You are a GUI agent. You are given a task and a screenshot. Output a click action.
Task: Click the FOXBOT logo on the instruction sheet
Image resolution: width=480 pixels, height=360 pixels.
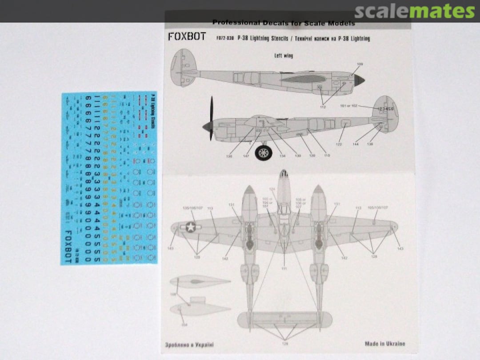click(187, 37)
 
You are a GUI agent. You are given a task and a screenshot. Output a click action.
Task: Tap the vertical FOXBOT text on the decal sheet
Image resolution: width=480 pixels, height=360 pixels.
click(68, 247)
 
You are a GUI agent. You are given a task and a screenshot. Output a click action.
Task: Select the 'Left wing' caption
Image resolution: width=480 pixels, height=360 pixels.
click(283, 56)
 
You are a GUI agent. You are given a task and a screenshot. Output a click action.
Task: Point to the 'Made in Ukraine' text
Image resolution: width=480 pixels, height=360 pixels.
click(385, 344)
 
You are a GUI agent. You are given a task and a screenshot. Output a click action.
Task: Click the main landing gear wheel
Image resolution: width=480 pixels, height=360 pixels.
click(264, 152)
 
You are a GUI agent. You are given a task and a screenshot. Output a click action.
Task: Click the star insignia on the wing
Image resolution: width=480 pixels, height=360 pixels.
click(191, 227)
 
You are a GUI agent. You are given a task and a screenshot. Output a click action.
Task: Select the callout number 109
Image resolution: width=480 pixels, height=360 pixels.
click(359, 64)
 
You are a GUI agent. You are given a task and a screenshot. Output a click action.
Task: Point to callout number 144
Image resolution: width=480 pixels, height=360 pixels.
click(356, 144)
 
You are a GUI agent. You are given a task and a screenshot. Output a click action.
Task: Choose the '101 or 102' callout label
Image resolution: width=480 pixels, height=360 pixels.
click(348, 106)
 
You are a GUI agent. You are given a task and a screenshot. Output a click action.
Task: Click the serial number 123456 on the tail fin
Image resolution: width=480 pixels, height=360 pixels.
click(385, 108)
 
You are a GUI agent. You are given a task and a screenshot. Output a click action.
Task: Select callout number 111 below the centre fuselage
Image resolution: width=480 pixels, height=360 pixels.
click(284, 269)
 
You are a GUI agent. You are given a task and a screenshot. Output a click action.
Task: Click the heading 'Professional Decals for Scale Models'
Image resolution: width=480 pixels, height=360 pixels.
click(284, 23)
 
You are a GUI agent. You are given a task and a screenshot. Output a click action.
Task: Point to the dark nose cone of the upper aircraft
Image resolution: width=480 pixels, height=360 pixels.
click(359, 80)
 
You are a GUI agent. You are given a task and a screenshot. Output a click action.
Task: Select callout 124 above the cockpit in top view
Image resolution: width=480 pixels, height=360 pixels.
click(272, 188)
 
